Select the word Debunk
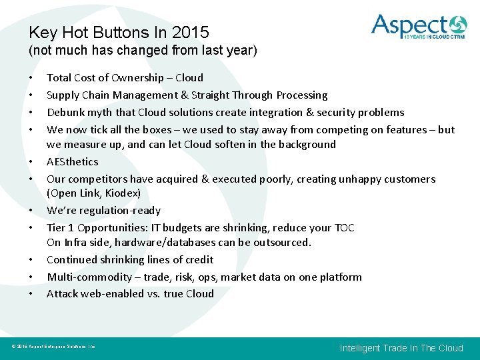tap(65, 113)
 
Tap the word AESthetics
tap(72, 162)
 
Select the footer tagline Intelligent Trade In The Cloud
tap(401, 348)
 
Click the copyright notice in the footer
tap(53, 347)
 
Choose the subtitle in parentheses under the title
tap(143, 51)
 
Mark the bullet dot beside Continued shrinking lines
tap(31, 260)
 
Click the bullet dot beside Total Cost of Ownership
tap(31, 78)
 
